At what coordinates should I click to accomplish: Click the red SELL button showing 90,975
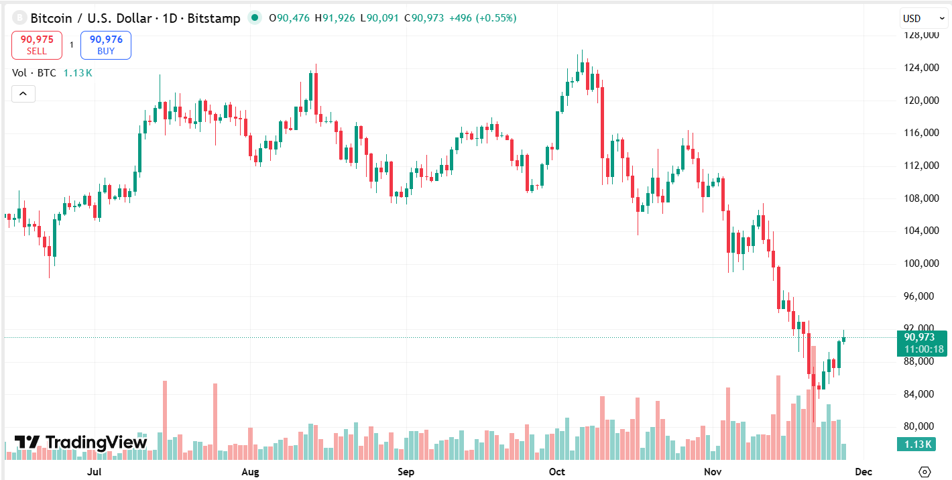point(37,45)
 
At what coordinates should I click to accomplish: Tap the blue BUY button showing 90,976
point(106,45)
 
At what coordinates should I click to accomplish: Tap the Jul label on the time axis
point(95,472)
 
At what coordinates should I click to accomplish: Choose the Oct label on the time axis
point(557,472)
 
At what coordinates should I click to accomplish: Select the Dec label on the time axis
point(864,472)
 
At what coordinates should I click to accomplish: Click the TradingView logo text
point(81,442)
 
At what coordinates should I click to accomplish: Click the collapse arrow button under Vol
point(23,94)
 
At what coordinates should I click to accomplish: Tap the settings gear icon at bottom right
point(926,472)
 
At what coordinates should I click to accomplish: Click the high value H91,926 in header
point(338,18)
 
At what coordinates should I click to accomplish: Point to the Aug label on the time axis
point(250,472)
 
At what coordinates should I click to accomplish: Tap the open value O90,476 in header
point(290,18)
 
